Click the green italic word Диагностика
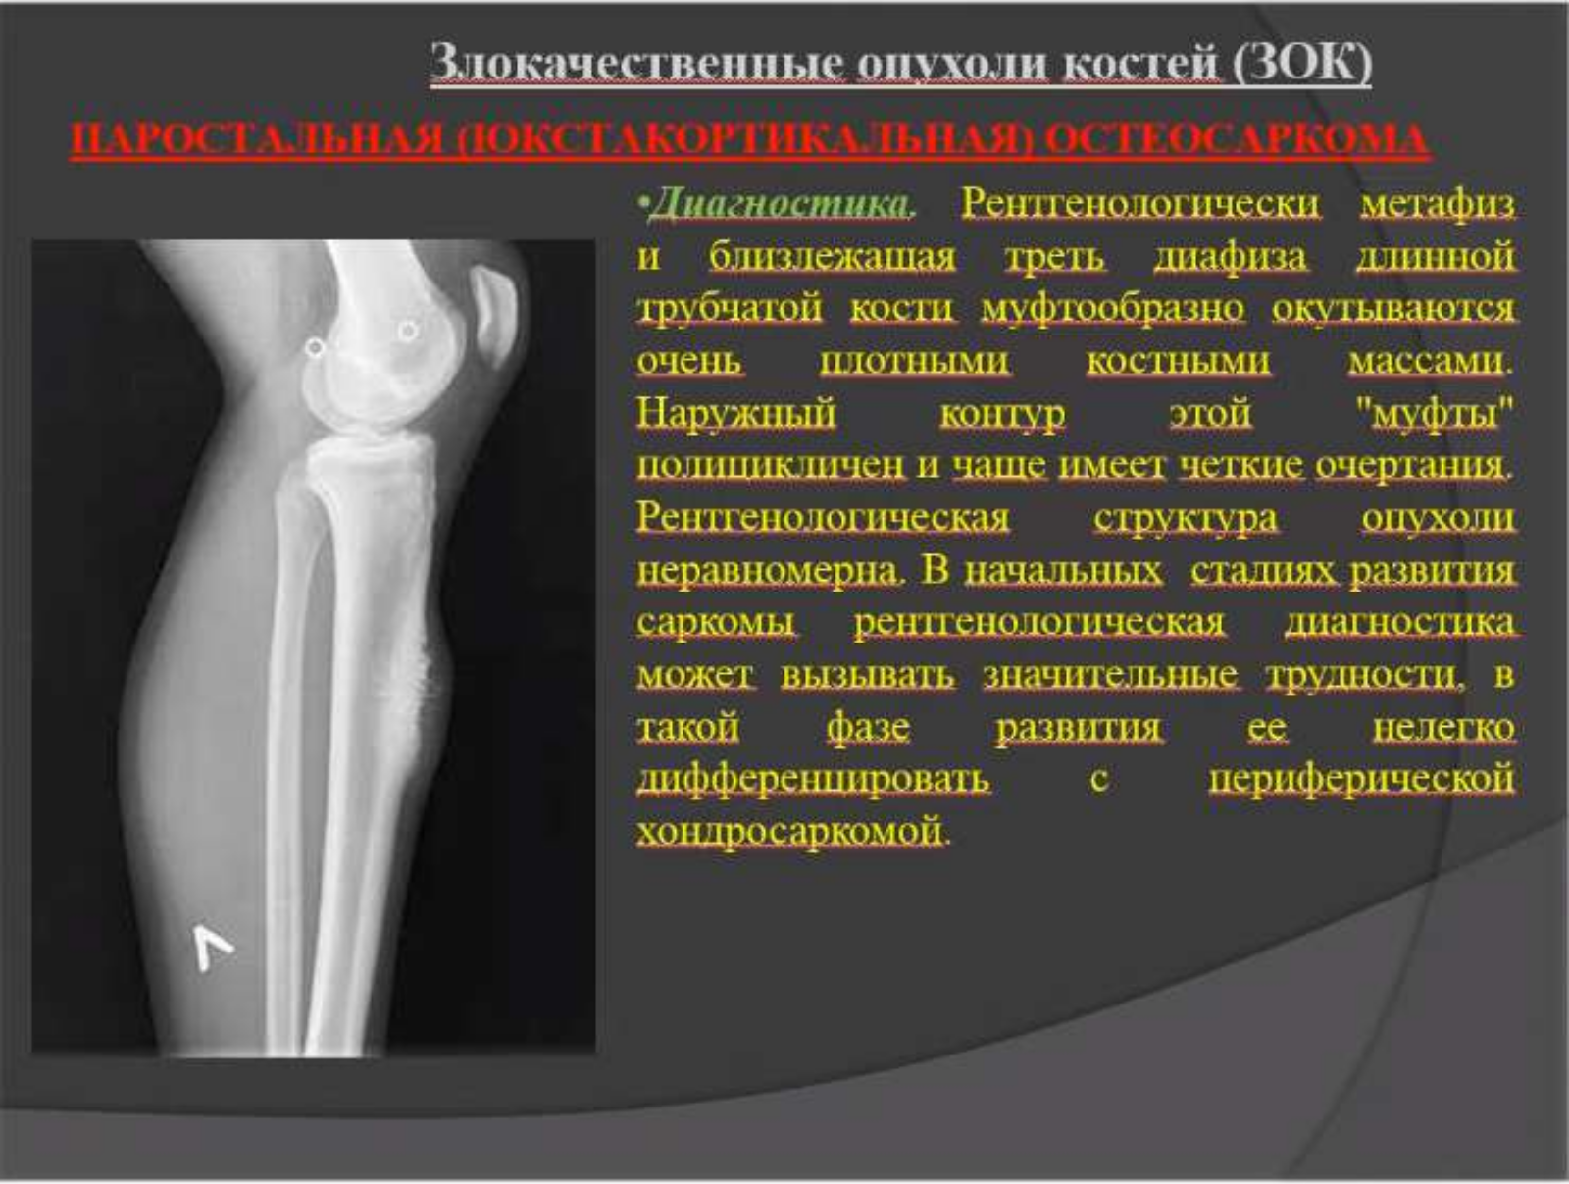[780, 204]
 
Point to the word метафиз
[1438, 204]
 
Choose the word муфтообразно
[1112, 309]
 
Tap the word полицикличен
[771, 466]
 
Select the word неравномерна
[769, 570]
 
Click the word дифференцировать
[814, 779]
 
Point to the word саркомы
[716, 621]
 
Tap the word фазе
[869, 727]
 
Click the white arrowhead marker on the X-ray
[212, 949]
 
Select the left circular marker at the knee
[315, 348]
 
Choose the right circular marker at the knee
[408, 331]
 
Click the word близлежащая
[832, 257]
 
